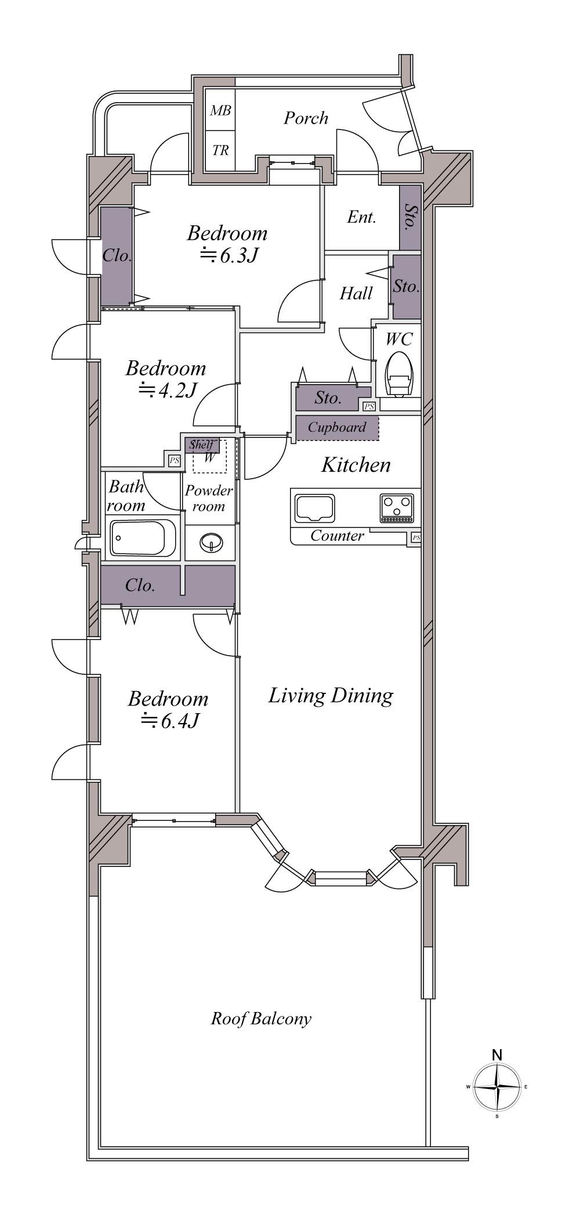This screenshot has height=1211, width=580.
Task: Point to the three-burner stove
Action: click(x=397, y=507)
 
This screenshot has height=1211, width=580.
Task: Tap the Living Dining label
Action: click(x=331, y=695)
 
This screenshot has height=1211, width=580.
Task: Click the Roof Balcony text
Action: click(x=261, y=1018)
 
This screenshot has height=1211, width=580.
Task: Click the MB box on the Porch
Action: click(x=220, y=110)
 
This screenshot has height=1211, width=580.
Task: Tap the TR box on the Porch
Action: click(x=220, y=151)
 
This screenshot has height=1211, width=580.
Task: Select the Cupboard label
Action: click(x=337, y=428)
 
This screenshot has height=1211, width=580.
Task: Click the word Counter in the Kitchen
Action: click(x=337, y=536)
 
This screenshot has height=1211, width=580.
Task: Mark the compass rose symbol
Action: click(x=496, y=1086)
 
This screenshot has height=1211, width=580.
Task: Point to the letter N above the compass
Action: click(x=497, y=1054)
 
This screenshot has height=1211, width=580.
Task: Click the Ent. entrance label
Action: click(x=362, y=218)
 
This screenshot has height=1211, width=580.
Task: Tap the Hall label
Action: click(x=356, y=294)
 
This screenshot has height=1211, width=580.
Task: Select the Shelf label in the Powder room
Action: click(x=201, y=445)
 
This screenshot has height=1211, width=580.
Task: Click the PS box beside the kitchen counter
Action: click(x=416, y=538)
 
